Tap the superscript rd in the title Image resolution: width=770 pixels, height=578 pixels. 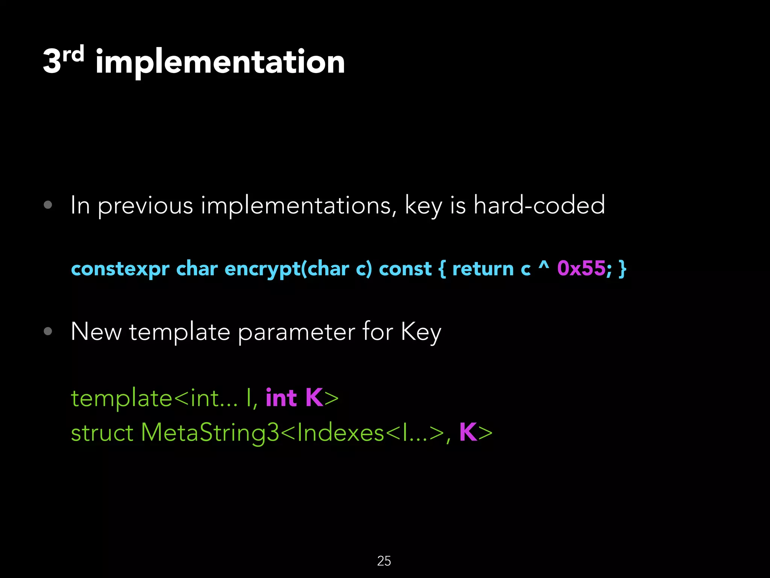click(x=73, y=55)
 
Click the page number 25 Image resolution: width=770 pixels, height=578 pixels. click(x=384, y=561)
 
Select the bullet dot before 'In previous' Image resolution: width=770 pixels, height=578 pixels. click(x=48, y=205)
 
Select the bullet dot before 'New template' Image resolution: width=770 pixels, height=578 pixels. click(x=48, y=331)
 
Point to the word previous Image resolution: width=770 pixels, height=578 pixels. click(x=145, y=206)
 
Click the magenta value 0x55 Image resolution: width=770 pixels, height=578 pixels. click(x=581, y=269)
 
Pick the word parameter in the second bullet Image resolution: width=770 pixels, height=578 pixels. click(x=296, y=333)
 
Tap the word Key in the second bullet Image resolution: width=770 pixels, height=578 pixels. click(x=421, y=333)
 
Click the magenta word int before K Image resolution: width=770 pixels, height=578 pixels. click(x=281, y=398)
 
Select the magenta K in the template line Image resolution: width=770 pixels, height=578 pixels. click(x=314, y=397)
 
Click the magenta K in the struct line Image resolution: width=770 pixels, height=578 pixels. click(x=468, y=432)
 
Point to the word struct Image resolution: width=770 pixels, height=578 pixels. click(x=102, y=433)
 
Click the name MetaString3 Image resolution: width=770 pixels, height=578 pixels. click(x=210, y=433)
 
